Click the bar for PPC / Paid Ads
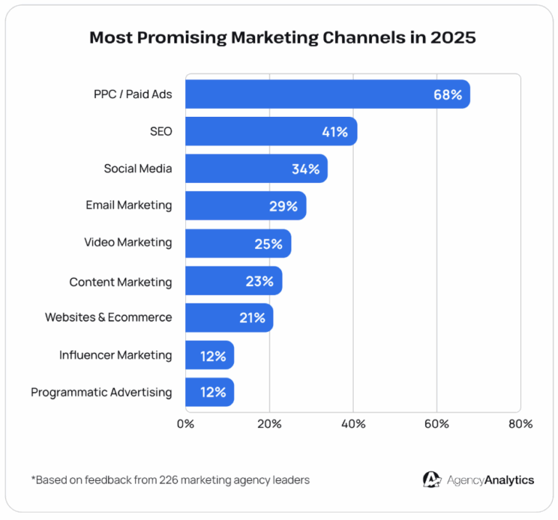[327, 94]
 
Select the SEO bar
[270, 131]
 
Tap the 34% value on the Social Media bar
[305, 168]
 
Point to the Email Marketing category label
[129, 206]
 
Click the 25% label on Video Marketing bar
[268, 243]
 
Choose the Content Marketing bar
[233, 280]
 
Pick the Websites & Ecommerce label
[108, 317]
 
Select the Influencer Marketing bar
[209, 355]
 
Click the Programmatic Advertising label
[102, 392]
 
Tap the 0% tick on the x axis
[185, 423]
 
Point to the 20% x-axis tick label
[270, 423]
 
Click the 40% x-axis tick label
[353, 423]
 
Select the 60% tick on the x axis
[437, 423]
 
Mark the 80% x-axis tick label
[520, 423]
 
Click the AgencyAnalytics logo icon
[432, 479]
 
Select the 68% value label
[448, 94]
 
